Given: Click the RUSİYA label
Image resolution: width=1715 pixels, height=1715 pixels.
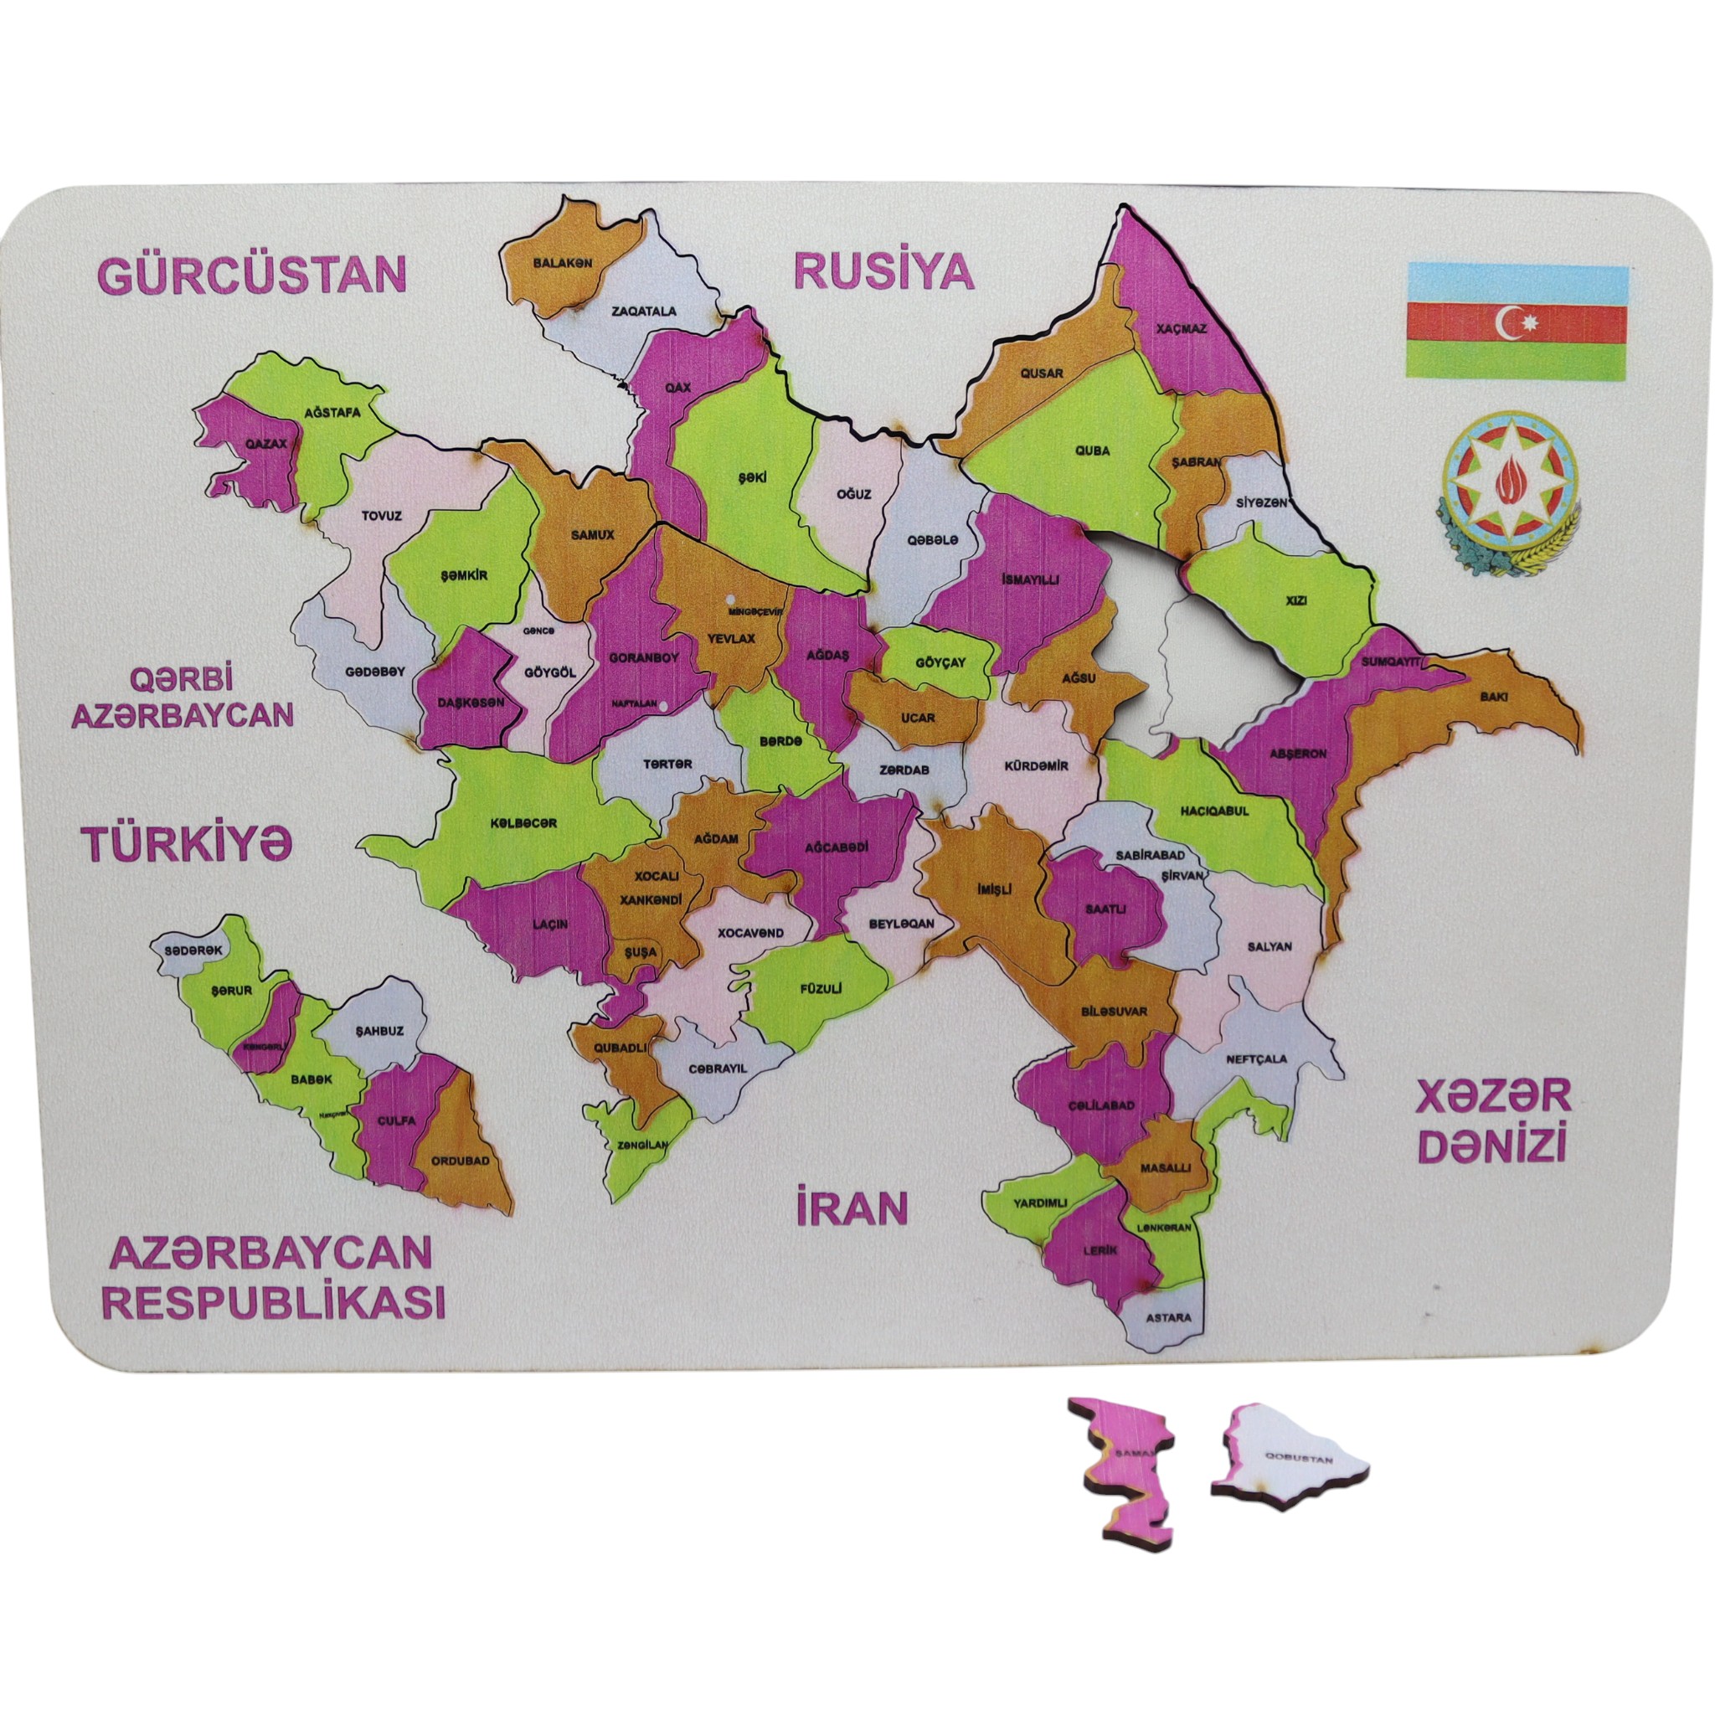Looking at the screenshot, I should pos(883,271).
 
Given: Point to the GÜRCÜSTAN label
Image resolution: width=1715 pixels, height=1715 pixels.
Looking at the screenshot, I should pos(251,276).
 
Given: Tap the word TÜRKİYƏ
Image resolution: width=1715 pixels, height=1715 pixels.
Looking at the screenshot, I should pos(187,841).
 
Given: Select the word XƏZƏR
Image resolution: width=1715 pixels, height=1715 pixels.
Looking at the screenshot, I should pos(1492,1096).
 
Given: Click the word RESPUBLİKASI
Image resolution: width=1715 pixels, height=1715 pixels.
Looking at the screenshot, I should pos(275,1302).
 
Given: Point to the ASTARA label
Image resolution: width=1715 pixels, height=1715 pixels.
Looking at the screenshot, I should pos(1168,1317).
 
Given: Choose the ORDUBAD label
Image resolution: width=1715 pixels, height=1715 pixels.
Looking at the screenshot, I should pos(460,1159).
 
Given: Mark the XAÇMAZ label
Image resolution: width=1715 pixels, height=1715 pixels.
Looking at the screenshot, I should pos(1181,328).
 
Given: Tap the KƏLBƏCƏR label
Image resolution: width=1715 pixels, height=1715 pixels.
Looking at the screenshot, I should pos(523,823).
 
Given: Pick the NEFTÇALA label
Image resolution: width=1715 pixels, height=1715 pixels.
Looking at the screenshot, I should pos(1256,1058).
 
